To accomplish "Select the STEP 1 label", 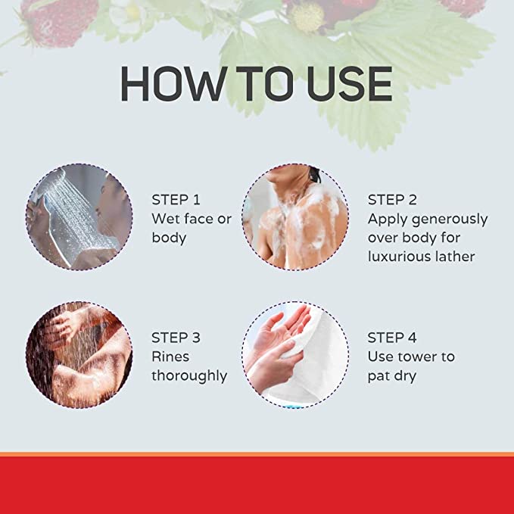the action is (176, 200).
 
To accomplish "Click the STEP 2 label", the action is (392, 200).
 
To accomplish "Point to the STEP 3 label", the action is (176, 338).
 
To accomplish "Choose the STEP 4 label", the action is (392, 338).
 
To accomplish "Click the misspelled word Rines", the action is (170, 357).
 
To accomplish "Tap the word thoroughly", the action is (189, 376).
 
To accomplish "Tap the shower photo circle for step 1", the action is (79, 217).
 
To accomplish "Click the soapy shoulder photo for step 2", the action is (295, 217).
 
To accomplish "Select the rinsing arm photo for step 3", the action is (79, 355).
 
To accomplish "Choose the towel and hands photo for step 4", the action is (295, 355).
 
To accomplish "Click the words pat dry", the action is (392, 376).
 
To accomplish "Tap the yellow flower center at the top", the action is (307, 17).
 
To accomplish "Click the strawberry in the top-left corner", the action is (59, 21).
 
